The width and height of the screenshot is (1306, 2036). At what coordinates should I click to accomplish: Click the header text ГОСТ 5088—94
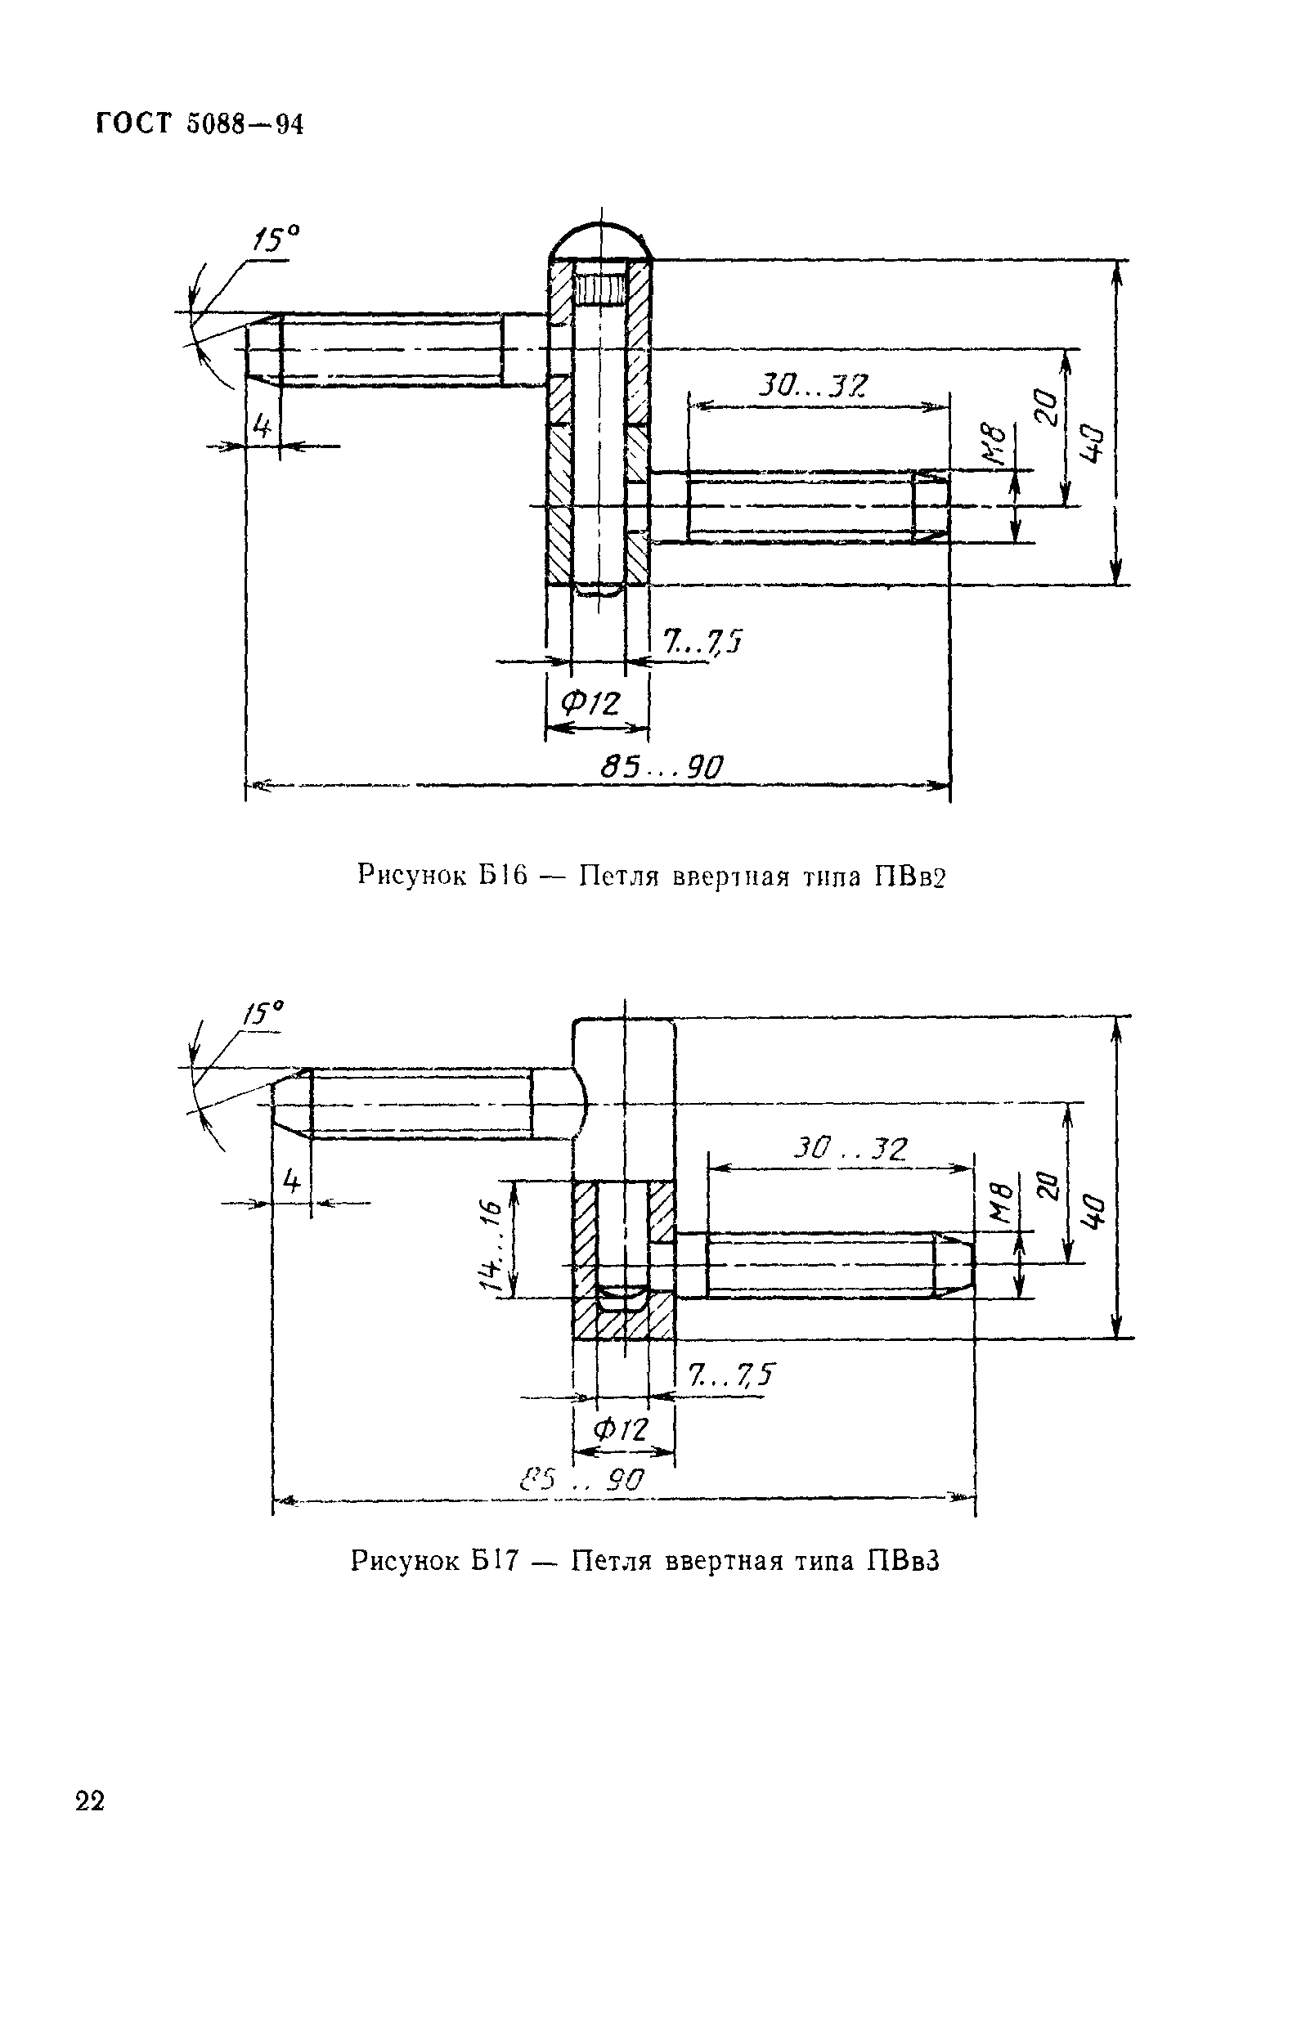(200, 123)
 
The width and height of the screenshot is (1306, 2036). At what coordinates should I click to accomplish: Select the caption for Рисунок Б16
(650, 875)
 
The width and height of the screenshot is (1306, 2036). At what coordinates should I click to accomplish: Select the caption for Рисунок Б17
(645, 1561)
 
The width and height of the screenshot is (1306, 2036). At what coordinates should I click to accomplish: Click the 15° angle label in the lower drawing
(263, 1012)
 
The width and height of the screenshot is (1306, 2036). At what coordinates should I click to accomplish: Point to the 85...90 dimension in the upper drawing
(662, 768)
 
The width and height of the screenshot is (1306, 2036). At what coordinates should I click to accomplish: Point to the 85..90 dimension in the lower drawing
(582, 1480)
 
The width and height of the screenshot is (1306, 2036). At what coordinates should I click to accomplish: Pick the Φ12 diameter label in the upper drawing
(591, 703)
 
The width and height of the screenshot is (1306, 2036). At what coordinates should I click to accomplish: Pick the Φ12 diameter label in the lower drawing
(621, 1431)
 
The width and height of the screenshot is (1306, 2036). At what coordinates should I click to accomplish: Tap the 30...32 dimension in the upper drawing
(812, 386)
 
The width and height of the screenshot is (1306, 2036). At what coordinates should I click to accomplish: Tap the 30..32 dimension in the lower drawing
(850, 1149)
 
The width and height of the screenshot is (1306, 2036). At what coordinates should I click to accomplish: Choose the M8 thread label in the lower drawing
(1002, 1204)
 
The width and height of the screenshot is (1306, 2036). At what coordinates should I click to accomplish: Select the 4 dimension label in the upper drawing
(262, 426)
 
